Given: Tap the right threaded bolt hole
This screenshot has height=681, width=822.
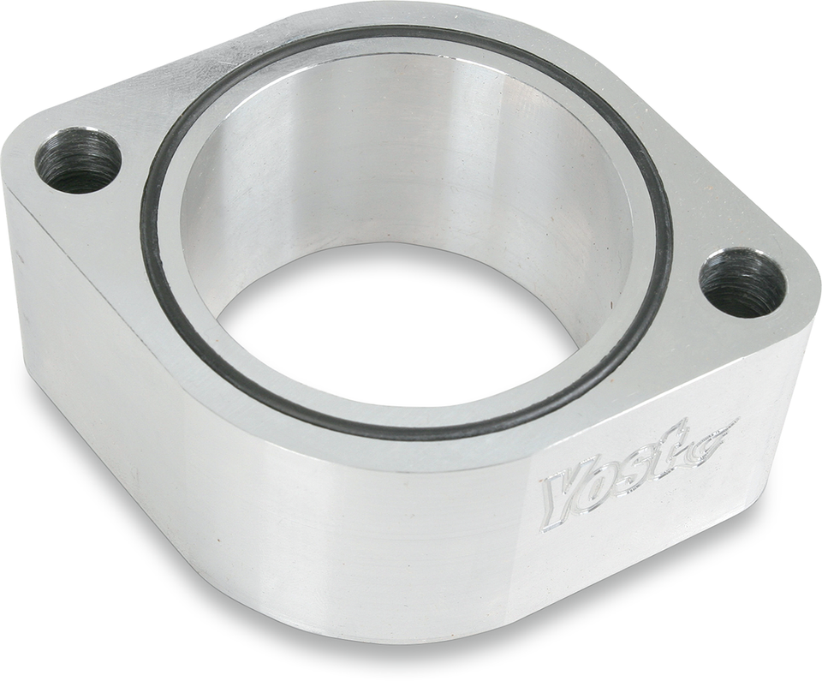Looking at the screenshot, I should pyautogui.click(x=742, y=283).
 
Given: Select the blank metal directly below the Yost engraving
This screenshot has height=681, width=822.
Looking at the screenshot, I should pyautogui.click(x=634, y=557).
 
